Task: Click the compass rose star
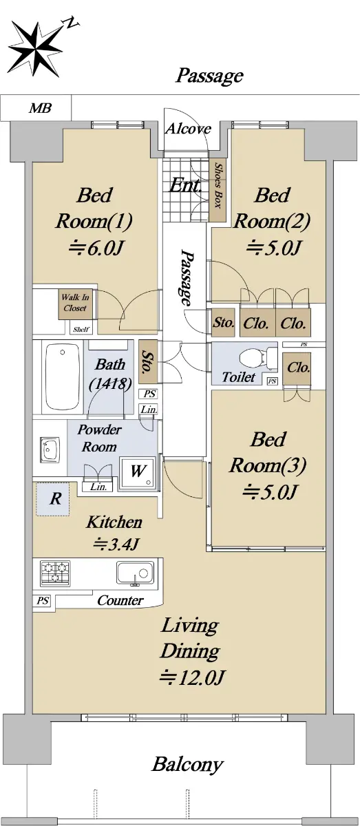[36, 49]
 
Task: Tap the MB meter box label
[40, 108]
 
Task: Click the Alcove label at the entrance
[188, 129]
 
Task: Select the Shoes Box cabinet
[218, 191]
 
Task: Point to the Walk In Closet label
[75, 303]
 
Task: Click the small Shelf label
[81, 329]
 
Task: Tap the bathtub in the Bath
[63, 377]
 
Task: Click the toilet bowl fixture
[255, 357]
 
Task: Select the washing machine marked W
[137, 473]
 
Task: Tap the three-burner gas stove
[55, 573]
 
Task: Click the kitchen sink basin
[136, 573]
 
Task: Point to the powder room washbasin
[50, 449]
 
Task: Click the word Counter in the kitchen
[120, 601]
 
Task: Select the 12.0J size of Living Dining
[192, 677]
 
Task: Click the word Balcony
[187, 765]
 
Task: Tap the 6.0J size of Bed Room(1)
[95, 248]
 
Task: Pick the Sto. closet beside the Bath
[148, 361]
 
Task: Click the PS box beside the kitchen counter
[43, 601]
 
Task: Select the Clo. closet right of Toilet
[297, 369]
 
